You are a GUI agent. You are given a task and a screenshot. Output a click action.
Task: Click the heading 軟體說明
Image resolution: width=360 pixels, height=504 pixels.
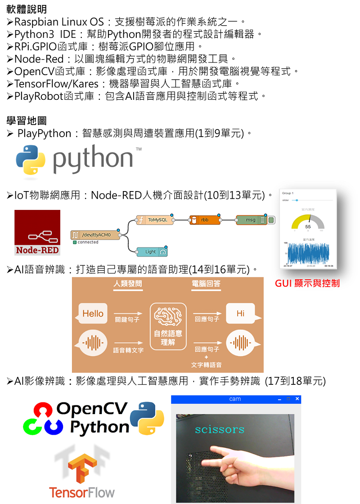pyautogui.click(x=27, y=9)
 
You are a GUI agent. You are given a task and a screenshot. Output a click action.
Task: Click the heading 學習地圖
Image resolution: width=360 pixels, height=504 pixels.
pyautogui.click(x=27, y=120)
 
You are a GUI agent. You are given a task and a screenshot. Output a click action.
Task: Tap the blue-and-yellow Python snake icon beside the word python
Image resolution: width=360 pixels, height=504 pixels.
pyautogui.click(x=30, y=160)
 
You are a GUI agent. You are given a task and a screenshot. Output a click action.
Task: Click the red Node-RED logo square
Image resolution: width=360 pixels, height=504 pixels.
pyautogui.click(x=37, y=232)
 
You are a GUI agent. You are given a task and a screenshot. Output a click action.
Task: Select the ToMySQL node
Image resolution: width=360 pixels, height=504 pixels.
pyautogui.click(x=154, y=220)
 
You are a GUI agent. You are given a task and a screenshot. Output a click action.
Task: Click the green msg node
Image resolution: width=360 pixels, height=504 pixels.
pyautogui.click(x=251, y=220)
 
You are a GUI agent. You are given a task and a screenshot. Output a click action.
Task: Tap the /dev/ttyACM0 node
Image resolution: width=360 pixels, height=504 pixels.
pyautogui.click(x=95, y=235)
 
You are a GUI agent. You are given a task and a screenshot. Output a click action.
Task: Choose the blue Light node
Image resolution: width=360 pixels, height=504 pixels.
pyautogui.click(x=150, y=252)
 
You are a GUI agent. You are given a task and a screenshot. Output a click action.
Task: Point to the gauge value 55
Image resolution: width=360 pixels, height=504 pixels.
pyautogui.click(x=308, y=227)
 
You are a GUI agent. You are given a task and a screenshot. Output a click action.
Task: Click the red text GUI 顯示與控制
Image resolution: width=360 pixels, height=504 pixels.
pyautogui.click(x=307, y=283)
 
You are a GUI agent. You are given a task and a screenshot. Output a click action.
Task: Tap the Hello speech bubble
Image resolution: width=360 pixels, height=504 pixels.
pyautogui.click(x=93, y=313)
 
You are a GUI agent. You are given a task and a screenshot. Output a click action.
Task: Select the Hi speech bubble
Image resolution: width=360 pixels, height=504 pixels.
pyautogui.click(x=241, y=313)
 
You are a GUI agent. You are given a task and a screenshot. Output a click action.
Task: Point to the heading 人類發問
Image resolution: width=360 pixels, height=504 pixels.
pyautogui.click(x=128, y=284)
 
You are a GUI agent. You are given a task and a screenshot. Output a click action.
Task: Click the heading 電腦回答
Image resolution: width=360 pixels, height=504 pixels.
pyautogui.click(x=206, y=284)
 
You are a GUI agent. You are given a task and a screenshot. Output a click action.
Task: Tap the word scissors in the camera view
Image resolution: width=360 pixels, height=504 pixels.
pyautogui.click(x=220, y=429)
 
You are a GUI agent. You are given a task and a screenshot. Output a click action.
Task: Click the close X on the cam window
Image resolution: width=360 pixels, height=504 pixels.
pyautogui.click(x=297, y=399)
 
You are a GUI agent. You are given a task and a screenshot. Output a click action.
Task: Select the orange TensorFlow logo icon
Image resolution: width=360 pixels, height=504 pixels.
pyautogui.click(x=82, y=465)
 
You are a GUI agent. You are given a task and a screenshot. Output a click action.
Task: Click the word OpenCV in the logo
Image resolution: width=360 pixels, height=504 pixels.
pyautogui.click(x=93, y=409)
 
